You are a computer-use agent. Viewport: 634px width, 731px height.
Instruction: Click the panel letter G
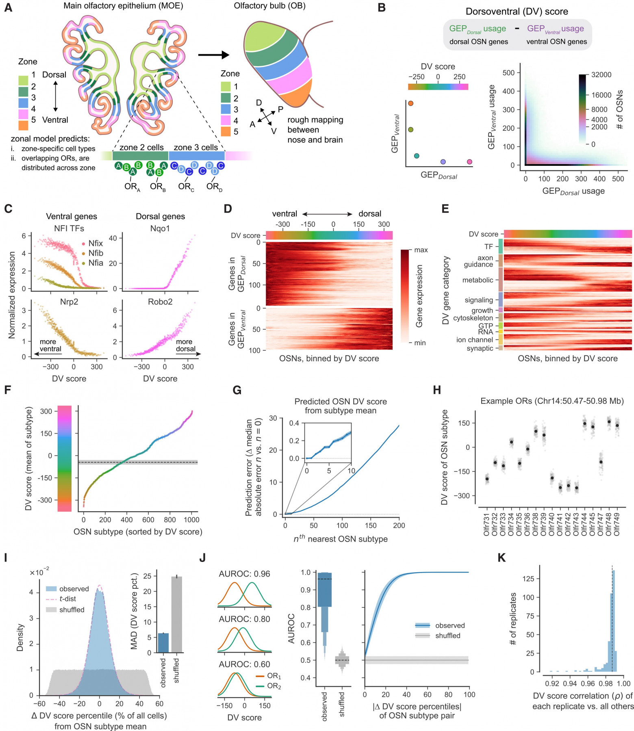[237, 390]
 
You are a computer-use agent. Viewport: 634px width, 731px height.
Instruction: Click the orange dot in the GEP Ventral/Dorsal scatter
[410, 104]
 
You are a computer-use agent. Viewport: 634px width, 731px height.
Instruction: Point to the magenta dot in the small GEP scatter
[469, 162]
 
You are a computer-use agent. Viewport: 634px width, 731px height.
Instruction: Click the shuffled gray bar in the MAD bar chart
[176, 614]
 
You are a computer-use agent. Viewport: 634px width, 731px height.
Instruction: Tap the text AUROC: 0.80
[244, 619]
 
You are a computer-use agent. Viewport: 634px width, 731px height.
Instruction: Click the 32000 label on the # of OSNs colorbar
[601, 75]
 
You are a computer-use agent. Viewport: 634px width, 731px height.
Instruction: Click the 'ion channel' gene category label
[474, 340]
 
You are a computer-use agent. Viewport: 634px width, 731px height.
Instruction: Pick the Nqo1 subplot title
[160, 228]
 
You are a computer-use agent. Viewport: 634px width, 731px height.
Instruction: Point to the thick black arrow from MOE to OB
[214, 55]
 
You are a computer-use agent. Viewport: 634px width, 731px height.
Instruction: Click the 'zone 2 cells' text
[141, 147]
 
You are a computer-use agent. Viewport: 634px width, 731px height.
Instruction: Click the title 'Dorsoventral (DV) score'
[517, 11]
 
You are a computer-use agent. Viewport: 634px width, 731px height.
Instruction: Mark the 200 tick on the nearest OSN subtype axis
[399, 525]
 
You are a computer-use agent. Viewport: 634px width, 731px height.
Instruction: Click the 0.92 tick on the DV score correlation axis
[552, 683]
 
